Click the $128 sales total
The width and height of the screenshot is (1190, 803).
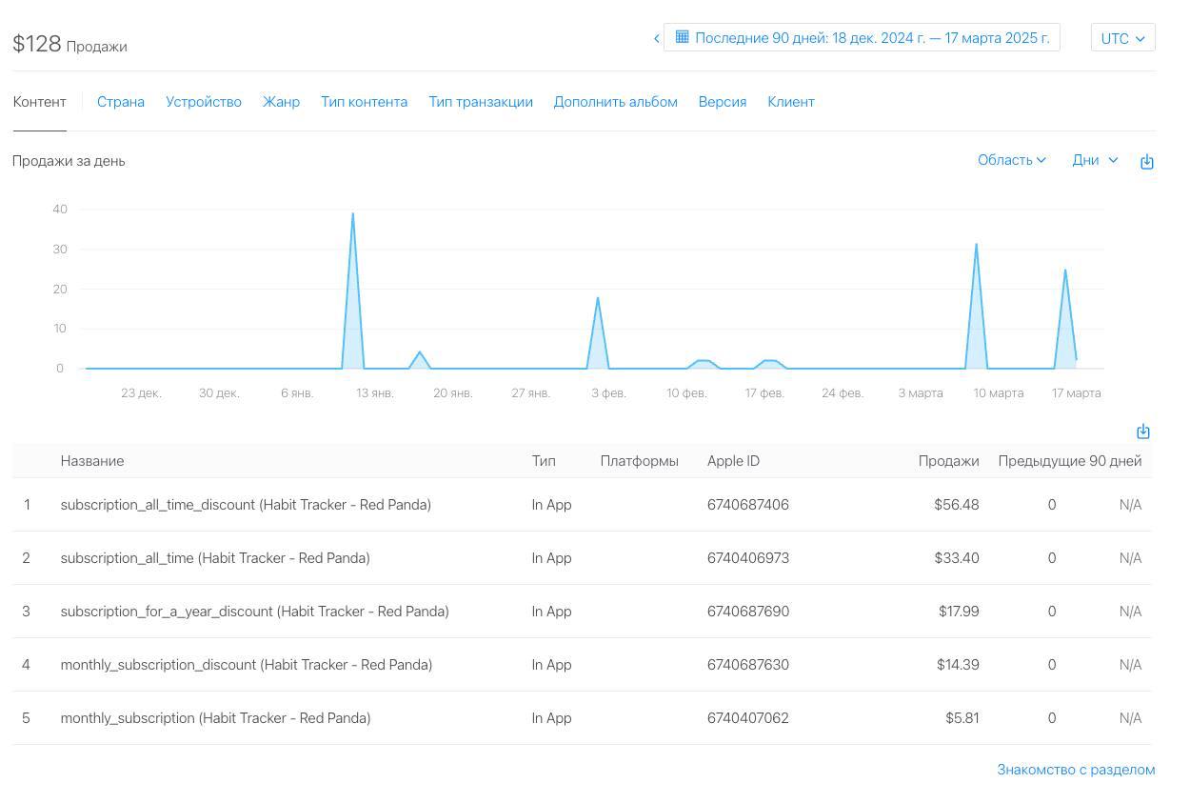(37, 44)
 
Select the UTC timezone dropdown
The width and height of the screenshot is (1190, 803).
(1122, 38)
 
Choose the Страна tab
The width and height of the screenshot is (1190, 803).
(121, 102)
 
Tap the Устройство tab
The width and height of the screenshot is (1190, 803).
(204, 102)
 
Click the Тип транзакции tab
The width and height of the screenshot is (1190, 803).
(481, 102)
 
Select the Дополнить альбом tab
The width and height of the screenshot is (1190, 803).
(615, 102)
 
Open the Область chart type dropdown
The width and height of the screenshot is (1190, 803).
(1011, 160)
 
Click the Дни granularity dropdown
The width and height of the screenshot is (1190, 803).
(1095, 160)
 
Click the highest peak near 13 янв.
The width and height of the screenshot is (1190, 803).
(352, 214)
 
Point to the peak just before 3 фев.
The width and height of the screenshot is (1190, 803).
(598, 299)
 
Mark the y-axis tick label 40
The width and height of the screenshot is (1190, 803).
(60, 210)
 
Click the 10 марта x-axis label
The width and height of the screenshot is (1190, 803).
(999, 393)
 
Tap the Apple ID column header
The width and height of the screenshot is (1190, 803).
(733, 461)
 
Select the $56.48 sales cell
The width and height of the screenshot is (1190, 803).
(956, 505)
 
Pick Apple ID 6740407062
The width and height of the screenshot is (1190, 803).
(747, 718)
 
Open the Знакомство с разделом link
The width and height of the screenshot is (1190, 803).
(1076, 770)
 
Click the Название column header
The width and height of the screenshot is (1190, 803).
(92, 461)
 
